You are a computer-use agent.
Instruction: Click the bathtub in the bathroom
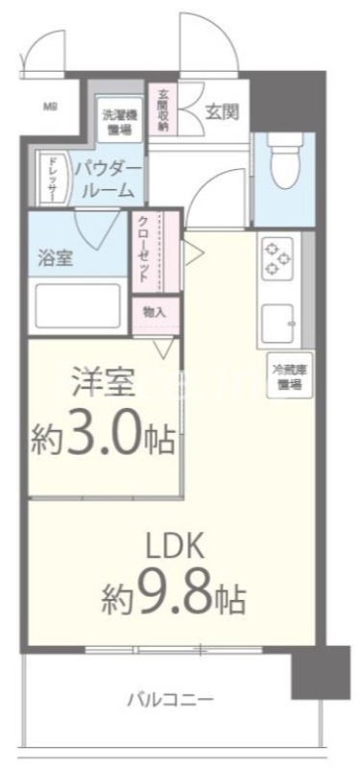click(79, 307)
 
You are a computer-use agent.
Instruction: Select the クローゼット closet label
click(143, 249)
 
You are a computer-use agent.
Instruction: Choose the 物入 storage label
click(154, 312)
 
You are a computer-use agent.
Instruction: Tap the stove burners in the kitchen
click(278, 258)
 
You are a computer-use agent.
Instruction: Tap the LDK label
click(175, 547)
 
